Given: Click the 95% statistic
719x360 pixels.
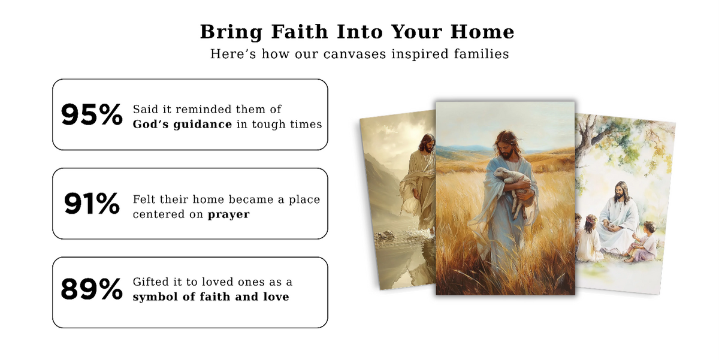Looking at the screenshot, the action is [x=92, y=114].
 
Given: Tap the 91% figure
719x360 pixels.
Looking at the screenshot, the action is [x=92, y=204].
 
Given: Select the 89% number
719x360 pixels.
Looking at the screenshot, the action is [x=92, y=289].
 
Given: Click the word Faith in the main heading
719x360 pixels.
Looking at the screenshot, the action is [x=300, y=32].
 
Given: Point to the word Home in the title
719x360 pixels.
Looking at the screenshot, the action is [x=482, y=32].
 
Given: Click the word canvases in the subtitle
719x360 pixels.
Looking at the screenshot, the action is [x=354, y=54].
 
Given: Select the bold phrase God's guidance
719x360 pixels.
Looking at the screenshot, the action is [x=182, y=125].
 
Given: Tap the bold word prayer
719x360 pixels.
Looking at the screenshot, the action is [x=228, y=214].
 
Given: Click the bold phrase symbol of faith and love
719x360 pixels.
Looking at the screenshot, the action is [x=211, y=297].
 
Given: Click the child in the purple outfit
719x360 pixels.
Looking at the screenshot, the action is [x=644, y=242].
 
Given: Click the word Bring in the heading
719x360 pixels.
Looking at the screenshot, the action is [x=231, y=32].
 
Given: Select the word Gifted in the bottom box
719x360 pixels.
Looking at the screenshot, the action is [x=150, y=282].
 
